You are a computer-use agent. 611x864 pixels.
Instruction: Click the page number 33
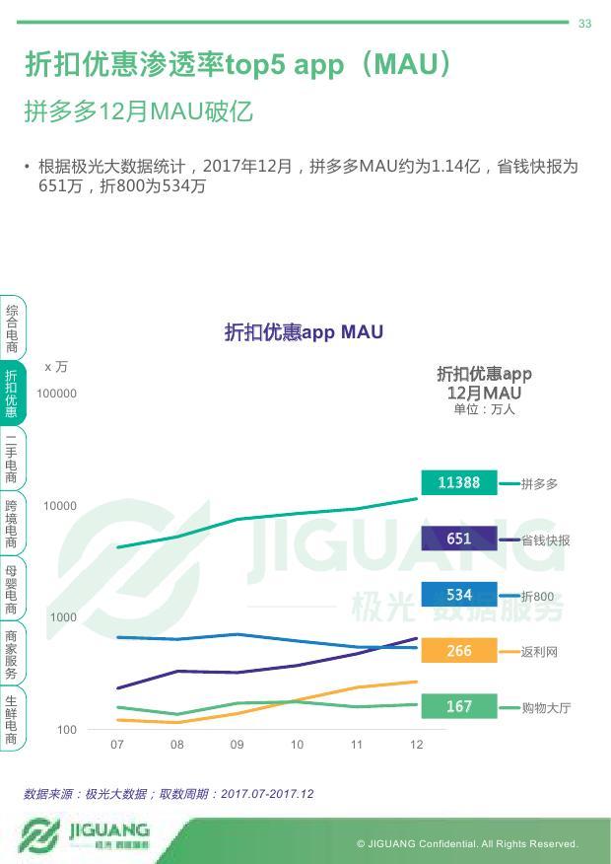click(584, 24)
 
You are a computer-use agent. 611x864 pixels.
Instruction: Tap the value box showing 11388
click(459, 482)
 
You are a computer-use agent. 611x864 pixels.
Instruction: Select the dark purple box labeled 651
click(459, 539)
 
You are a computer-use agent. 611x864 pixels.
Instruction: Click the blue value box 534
click(459, 595)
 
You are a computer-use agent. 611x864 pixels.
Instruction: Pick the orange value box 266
click(459, 651)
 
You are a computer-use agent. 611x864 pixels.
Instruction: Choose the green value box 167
click(459, 706)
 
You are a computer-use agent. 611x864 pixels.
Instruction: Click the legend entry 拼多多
click(539, 484)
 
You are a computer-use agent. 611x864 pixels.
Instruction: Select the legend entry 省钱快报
click(545, 540)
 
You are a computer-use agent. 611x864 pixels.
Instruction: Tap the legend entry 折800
click(537, 597)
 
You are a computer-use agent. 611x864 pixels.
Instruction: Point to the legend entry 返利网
click(539, 652)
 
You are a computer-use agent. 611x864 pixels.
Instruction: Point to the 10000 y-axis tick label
click(59, 506)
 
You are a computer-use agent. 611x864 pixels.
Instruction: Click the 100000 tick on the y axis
click(56, 394)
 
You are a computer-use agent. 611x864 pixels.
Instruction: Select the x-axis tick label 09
click(237, 745)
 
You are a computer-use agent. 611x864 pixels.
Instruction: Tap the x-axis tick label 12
click(416, 745)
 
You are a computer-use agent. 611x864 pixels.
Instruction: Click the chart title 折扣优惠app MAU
click(304, 332)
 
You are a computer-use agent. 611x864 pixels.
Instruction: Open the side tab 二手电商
click(11, 458)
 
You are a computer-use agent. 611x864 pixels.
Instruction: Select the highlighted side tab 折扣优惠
click(11, 394)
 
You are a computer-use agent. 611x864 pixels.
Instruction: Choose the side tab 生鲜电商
click(11, 719)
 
